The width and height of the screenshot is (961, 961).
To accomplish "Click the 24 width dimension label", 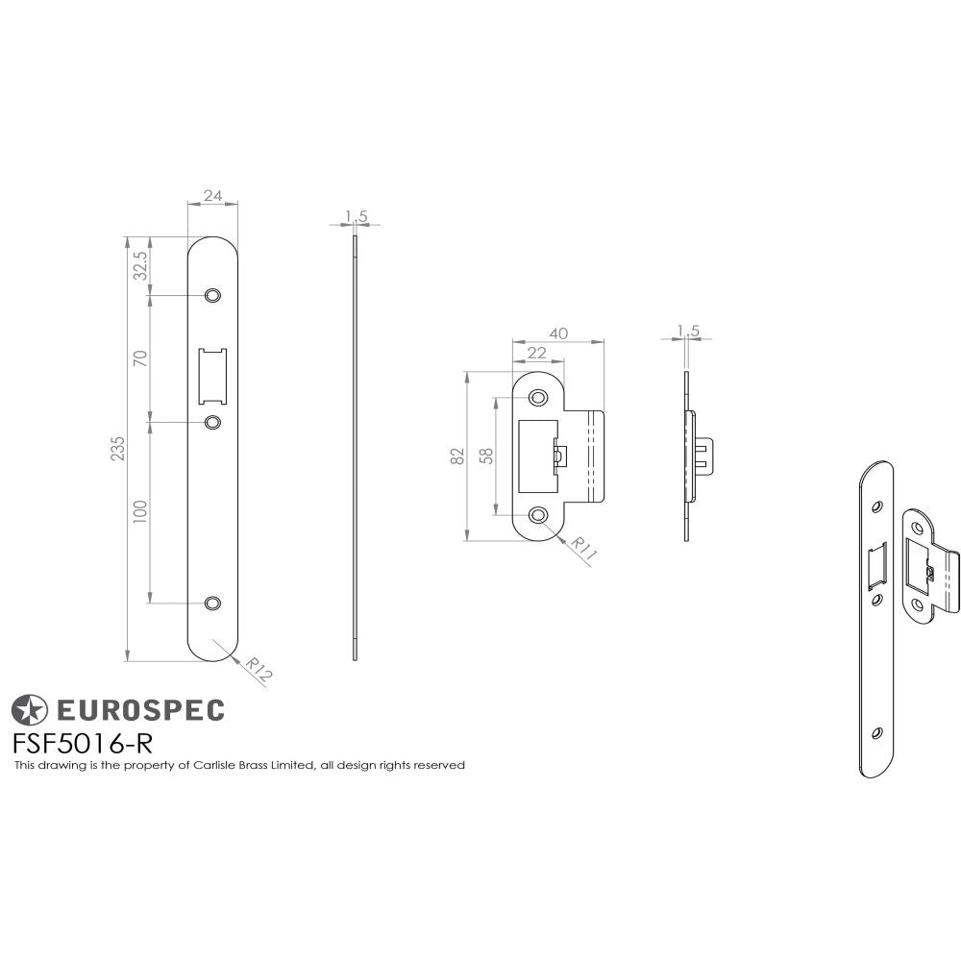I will [x=212, y=196].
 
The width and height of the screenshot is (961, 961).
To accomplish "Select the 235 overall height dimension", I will [x=118, y=449].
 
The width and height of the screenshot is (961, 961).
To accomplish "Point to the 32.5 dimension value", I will [x=140, y=265].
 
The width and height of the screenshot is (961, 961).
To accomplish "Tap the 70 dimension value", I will [x=140, y=358].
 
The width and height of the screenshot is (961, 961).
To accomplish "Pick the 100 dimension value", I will [x=140, y=510].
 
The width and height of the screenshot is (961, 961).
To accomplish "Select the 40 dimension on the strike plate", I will [x=558, y=333].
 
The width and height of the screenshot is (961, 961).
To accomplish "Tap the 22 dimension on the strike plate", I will [x=536, y=354].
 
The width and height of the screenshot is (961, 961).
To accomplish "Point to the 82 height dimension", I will [x=458, y=456].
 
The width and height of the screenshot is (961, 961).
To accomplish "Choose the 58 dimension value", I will [x=487, y=456].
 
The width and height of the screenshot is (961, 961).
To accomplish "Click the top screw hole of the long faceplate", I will [x=212, y=294].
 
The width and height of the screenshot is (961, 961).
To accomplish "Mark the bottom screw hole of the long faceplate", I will [x=212, y=603].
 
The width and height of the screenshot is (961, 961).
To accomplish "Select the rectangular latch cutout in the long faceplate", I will [x=212, y=376].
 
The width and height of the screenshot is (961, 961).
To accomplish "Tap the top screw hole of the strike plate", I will [x=537, y=395].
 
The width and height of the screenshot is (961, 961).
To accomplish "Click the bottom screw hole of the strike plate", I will [x=537, y=516].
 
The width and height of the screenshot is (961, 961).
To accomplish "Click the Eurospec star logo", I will [x=28, y=710].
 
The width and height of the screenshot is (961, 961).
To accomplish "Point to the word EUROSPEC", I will [x=140, y=710].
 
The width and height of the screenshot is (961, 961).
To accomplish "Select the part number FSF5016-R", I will [x=83, y=743].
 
